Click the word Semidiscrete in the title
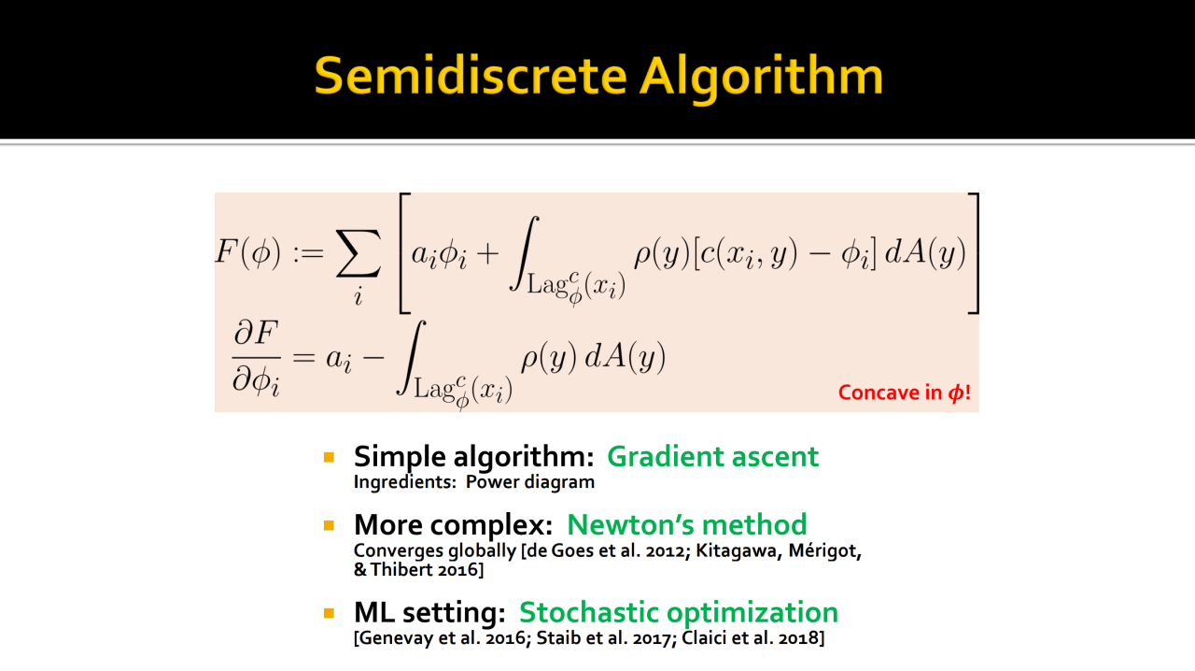(471, 77)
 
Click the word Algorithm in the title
(761, 79)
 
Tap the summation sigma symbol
(358, 254)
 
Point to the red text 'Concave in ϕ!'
(905, 393)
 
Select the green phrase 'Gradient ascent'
(712, 457)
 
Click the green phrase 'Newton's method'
(686, 524)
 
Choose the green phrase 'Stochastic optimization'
(678, 613)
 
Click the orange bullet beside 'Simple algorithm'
(330, 457)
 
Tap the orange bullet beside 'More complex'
(330, 526)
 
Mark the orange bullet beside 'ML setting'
(330, 613)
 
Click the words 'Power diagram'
(529, 482)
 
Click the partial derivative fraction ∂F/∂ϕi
(256, 358)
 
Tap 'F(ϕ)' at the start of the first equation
(248, 251)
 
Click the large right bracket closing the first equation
(974, 253)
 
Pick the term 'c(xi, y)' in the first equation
(749, 252)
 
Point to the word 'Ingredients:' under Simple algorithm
(405, 482)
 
